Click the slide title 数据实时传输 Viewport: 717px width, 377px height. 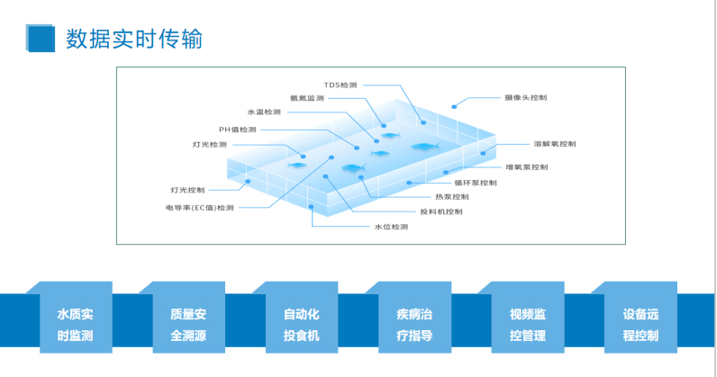133,40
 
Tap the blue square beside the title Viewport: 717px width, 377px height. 41,37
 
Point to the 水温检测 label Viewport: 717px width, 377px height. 264,112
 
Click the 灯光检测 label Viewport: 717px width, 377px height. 209,144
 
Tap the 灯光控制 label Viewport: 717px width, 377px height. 187,190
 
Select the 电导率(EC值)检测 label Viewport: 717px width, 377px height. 199,208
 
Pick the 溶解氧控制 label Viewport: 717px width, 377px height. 554,144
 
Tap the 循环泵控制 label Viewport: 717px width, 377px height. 476,183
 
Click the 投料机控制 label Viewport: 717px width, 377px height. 441,212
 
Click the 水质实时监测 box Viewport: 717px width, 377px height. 75,325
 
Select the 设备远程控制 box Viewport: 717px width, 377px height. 640,325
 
